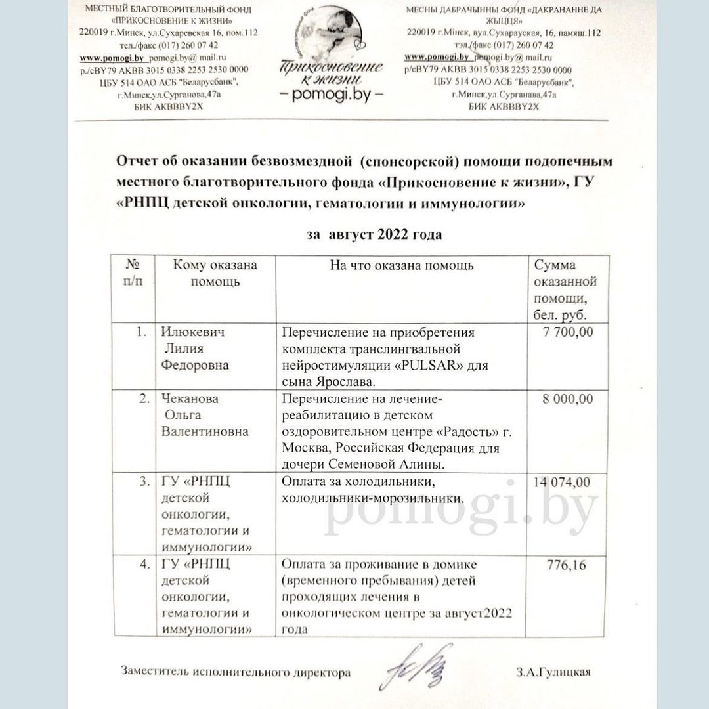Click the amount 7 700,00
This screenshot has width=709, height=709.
[569, 333]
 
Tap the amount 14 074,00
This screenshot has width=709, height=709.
[562, 483]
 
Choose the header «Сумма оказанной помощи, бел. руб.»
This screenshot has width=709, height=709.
[566, 289]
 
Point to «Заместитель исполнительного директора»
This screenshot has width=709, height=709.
[236, 672]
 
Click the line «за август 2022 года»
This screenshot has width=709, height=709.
[374, 234]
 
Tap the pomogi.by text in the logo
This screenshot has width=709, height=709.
[332, 95]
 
